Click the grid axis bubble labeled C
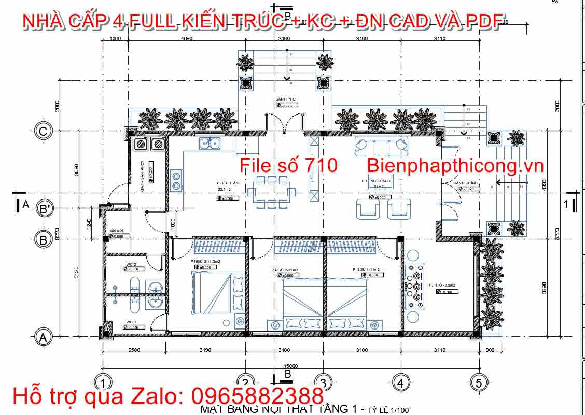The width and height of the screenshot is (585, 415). (x=44, y=132)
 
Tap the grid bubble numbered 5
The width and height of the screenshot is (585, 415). (x=478, y=383)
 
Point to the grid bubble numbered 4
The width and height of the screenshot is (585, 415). (x=400, y=383)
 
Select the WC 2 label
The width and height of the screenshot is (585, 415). (x=131, y=264)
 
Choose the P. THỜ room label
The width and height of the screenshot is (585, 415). (x=438, y=285)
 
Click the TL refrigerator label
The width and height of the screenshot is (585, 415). (x=246, y=146)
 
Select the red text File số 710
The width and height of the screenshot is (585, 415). (x=288, y=165)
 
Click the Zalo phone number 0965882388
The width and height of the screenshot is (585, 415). (x=258, y=396)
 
